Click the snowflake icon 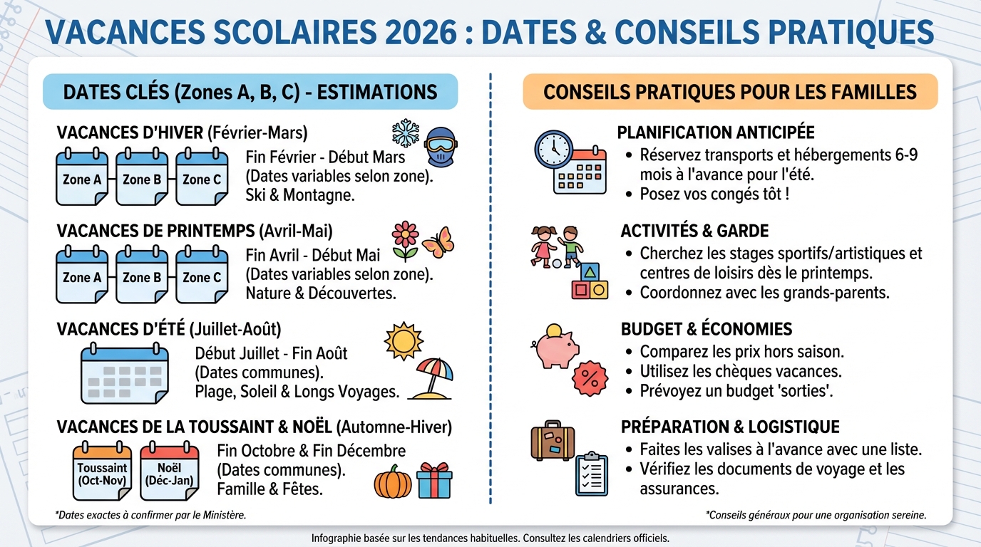pyautogui.click(x=405, y=132)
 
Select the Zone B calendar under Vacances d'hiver pyautogui.click(x=142, y=177)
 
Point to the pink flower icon pyautogui.click(x=405, y=241)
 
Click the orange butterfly pyautogui.click(x=438, y=242)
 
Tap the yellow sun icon pyautogui.click(x=404, y=341)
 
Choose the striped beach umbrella pyautogui.click(x=432, y=378)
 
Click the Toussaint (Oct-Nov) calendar pyautogui.click(x=102, y=471)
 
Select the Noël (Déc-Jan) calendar pyautogui.click(x=170, y=471)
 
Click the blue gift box pyautogui.click(x=434, y=481)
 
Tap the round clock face pyautogui.click(x=553, y=150)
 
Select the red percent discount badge pyautogui.click(x=590, y=378)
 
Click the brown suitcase pyautogui.click(x=553, y=441)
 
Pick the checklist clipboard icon pyautogui.click(x=592, y=474)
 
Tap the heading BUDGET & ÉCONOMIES pyautogui.click(x=707, y=329)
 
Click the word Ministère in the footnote pyautogui.click(x=225, y=515)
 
